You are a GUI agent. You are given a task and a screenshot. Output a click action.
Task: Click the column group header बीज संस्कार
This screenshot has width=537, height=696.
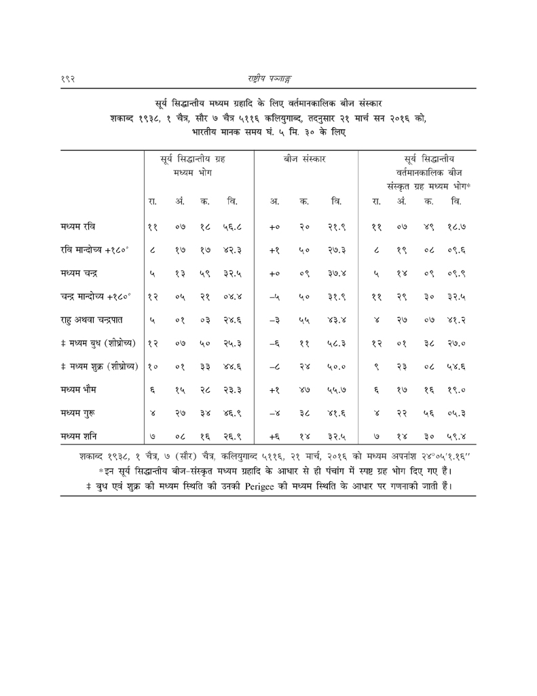pos(305,158)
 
